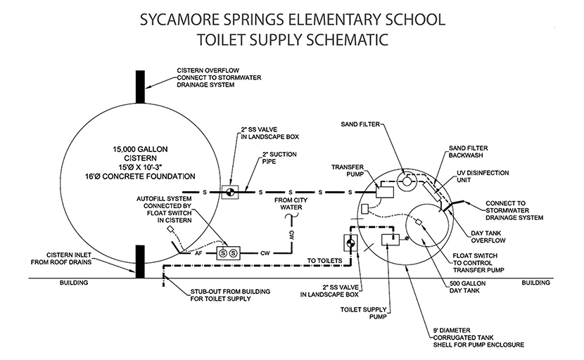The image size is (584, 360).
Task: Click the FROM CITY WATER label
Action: (x=289, y=203)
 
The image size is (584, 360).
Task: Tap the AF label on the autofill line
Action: (x=201, y=251)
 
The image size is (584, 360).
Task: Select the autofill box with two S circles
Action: (x=228, y=251)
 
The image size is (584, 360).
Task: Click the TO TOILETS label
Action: (x=324, y=261)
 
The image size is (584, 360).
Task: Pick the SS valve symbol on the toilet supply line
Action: (x=349, y=243)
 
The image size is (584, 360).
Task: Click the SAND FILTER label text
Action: (x=360, y=124)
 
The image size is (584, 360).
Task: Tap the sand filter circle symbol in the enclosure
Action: (x=406, y=181)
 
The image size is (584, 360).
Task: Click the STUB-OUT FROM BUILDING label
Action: (x=224, y=295)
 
